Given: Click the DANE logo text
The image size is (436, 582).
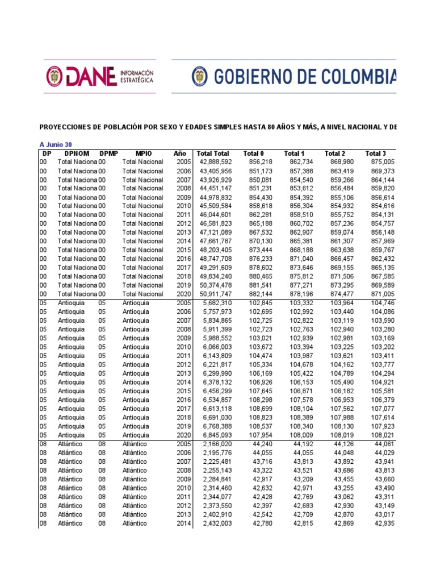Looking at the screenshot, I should pos(87,77).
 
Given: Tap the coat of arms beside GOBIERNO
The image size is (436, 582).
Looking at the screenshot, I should pos(199,76).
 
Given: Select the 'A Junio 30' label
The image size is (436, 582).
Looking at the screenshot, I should pos(55,144).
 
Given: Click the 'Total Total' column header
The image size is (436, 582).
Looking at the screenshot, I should pos(213,153).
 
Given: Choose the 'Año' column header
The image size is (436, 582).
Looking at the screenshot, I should pos(179,153).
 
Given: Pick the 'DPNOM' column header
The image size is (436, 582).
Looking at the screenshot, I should pos(77,153).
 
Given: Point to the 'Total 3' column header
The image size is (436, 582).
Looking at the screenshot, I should pos(375,153).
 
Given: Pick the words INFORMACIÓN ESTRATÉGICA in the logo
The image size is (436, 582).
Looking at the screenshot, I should pos(136,77).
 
